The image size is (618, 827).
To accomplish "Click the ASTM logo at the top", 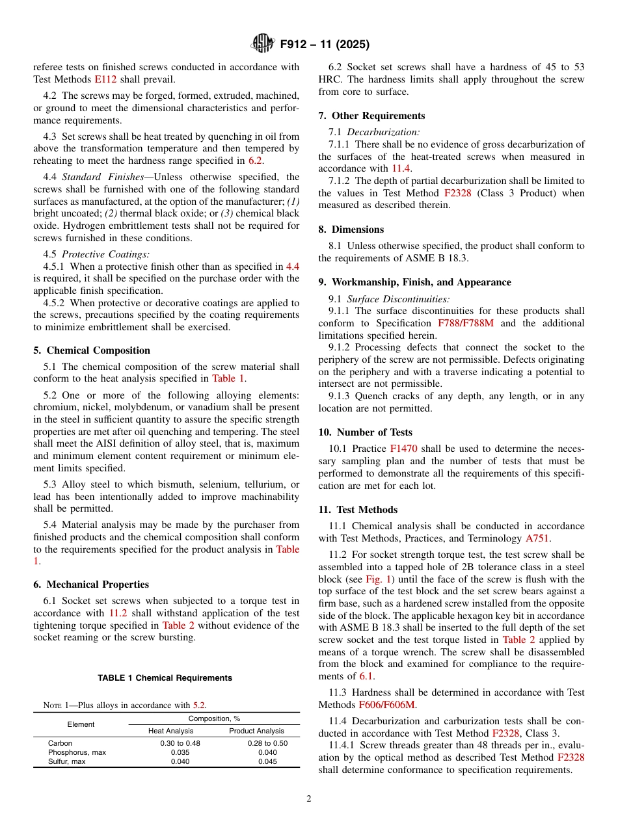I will point(263,44).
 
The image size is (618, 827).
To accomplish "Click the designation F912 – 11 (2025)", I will point(324,45).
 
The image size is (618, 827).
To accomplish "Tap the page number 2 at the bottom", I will point(309,799).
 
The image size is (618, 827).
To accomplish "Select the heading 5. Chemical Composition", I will point(92,350).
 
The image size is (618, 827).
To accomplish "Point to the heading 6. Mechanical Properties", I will point(91,584).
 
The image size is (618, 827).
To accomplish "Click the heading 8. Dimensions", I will point(351,230).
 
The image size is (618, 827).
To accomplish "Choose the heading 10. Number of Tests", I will point(365,432).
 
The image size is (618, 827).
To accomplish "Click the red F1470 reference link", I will point(403,449).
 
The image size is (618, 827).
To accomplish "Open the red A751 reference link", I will point(537,538).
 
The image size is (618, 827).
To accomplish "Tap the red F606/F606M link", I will point(387,705).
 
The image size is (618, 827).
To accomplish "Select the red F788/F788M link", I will point(468,323).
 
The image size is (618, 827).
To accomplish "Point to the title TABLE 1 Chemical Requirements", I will point(165,678).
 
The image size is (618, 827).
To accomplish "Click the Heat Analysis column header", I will point(171,731).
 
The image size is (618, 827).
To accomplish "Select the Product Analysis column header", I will point(257,731).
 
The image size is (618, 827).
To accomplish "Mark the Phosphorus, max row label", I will point(77,752).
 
